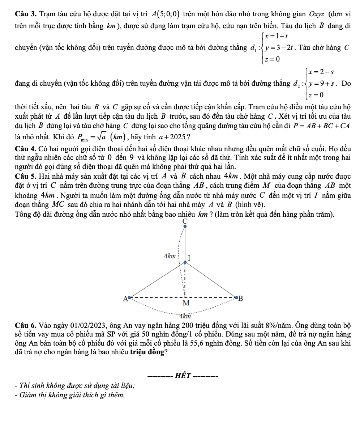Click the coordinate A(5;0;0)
166,14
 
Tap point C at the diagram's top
185,227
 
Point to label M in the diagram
185,303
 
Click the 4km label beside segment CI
170,256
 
